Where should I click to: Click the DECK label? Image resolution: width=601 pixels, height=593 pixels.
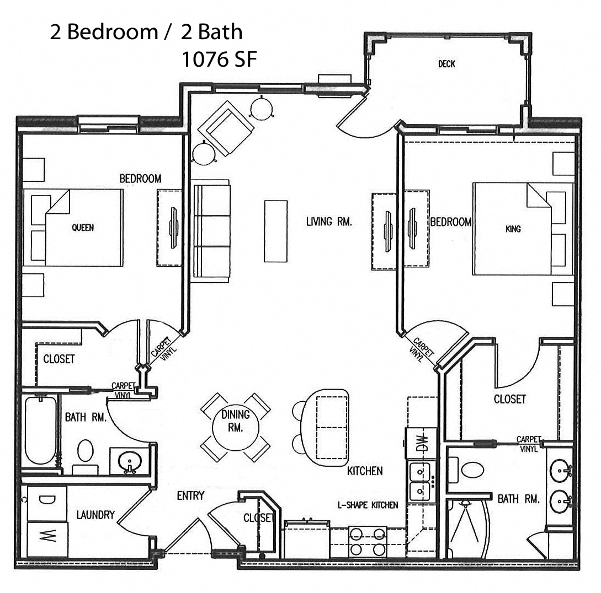point(446,64)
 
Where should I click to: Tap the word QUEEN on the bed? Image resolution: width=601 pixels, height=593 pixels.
point(83,228)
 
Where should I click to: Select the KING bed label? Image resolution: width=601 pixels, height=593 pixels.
point(513,229)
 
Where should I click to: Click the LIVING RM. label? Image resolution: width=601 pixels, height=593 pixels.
point(329,222)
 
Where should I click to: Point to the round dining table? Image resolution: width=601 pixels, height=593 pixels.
point(236,427)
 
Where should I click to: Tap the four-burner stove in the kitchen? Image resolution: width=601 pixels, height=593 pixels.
point(368,541)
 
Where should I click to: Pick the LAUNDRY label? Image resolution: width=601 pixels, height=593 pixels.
point(95,515)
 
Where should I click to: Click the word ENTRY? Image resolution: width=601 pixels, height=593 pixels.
point(190,495)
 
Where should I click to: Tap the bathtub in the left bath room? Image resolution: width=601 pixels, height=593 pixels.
point(40,430)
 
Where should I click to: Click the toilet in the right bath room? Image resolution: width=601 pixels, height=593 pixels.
point(472,470)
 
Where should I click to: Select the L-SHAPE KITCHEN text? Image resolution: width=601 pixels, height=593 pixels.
point(368,505)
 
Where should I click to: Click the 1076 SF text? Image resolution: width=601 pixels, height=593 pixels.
point(219,60)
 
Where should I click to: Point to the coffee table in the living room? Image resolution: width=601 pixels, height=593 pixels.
point(275,230)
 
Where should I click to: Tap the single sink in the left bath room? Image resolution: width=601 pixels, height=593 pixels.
point(130,461)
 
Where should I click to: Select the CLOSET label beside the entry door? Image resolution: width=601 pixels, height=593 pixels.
point(258,517)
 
